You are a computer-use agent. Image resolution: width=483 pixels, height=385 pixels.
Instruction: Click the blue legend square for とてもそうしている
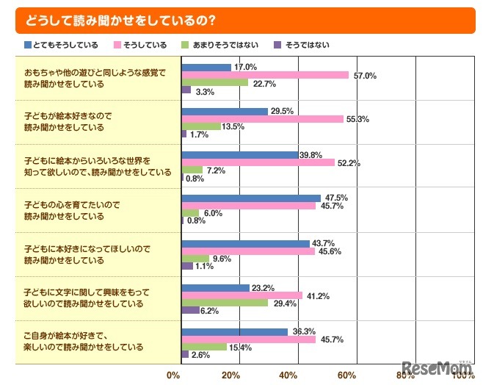[28, 45]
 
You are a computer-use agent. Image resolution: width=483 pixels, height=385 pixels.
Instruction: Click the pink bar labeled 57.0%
[265, 75]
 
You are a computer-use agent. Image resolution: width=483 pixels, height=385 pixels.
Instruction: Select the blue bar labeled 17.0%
[206, 67]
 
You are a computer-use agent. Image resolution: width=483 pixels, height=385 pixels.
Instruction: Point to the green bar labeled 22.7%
[214, 82]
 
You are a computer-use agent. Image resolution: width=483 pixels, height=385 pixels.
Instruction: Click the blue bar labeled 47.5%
[251, 198]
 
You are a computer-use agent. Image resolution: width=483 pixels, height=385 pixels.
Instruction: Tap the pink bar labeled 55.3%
[262, 119]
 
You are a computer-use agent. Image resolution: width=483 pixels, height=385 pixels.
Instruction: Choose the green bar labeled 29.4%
[225, 303]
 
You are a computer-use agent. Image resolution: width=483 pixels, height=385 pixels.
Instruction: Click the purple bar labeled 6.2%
[190, 310]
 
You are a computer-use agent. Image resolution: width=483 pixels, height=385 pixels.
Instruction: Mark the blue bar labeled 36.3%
[234, 331]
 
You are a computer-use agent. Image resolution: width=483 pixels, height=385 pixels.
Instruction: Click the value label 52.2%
[349, 163]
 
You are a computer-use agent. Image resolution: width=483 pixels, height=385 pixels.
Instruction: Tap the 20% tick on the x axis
[231, 376]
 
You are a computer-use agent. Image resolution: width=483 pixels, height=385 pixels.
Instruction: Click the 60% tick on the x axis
[346, 376]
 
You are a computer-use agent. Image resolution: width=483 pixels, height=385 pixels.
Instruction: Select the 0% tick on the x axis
[173, 376]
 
